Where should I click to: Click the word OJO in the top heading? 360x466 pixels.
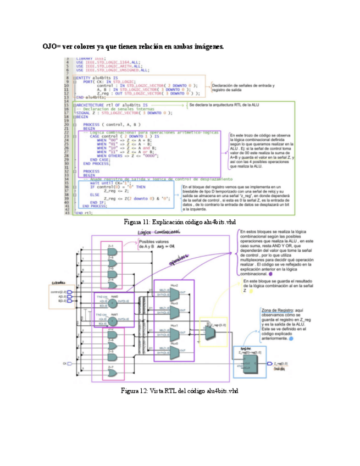(x=50, y=47)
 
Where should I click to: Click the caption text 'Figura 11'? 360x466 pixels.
(x=134, y=222)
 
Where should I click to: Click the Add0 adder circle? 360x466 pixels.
(x=126, y=299)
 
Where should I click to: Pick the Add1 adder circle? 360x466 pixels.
(x=126, y=318)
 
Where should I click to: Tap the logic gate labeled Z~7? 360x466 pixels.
(x=112, y=372)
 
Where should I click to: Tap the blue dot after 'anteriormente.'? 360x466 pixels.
(x=291, y=340)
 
